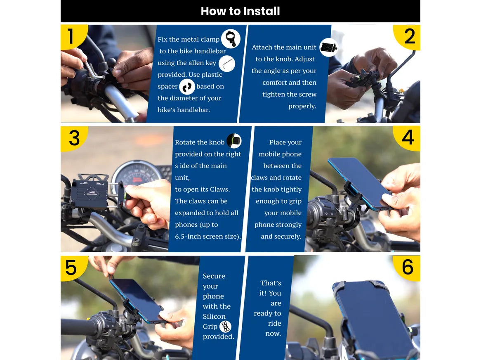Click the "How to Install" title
240,11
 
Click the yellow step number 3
74,138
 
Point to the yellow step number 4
408,137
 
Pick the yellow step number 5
71,268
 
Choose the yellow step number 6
407,267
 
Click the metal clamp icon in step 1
230,39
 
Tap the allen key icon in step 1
226,64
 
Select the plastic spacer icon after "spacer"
187,87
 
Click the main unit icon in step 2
328,47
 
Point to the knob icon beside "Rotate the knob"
234,141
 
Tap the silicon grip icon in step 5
225,327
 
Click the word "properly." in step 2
302,106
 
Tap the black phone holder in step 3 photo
89,193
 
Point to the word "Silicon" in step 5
214,316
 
